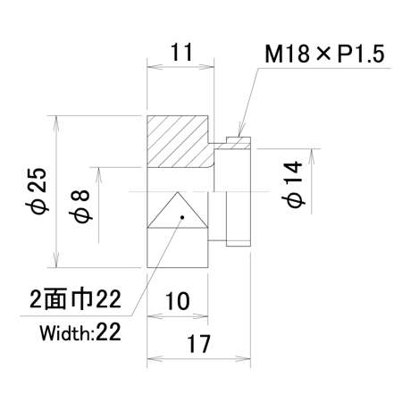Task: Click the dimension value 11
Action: pos(181,52)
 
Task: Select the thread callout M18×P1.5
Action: pos(324,54)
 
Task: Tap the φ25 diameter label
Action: pos(39,191)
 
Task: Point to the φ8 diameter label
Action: pos(79,205)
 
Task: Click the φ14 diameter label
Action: pos(294,184)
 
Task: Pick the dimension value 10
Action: pos(177,301)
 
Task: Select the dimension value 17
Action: pos(198,344)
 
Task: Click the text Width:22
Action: pos(80,332)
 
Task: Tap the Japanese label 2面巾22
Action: pos(76,298)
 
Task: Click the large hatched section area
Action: pos(178,141)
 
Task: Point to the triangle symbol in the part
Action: pos(178,210)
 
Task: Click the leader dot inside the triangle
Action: pos(182,217)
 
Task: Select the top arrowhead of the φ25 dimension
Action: pos(56,123)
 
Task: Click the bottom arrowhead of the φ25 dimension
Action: pos(56,260)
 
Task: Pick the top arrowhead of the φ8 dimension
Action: pos(99,175)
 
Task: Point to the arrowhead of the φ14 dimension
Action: pos(311,156)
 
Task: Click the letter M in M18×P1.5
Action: pos(273,55)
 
